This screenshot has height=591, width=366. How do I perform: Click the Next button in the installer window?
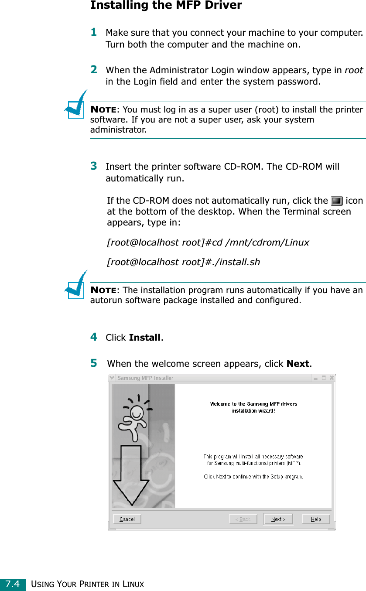coord(278,519)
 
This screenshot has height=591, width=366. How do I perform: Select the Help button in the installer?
coord(316,519)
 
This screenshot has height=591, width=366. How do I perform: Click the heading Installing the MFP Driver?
coord(166,6)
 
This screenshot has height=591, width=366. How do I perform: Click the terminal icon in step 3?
coord(336,201)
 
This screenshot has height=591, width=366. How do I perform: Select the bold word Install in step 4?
coord(145,338)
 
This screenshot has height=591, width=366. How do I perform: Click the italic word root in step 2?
coord(354,70)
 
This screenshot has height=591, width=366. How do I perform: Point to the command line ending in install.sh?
coord(184,262)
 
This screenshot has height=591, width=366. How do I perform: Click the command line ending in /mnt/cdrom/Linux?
coord(208,243)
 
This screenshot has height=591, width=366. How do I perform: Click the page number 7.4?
coord(13,584)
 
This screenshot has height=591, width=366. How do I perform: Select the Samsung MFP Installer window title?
coord(145,378)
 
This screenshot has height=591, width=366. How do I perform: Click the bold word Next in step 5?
coord(298,364)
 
